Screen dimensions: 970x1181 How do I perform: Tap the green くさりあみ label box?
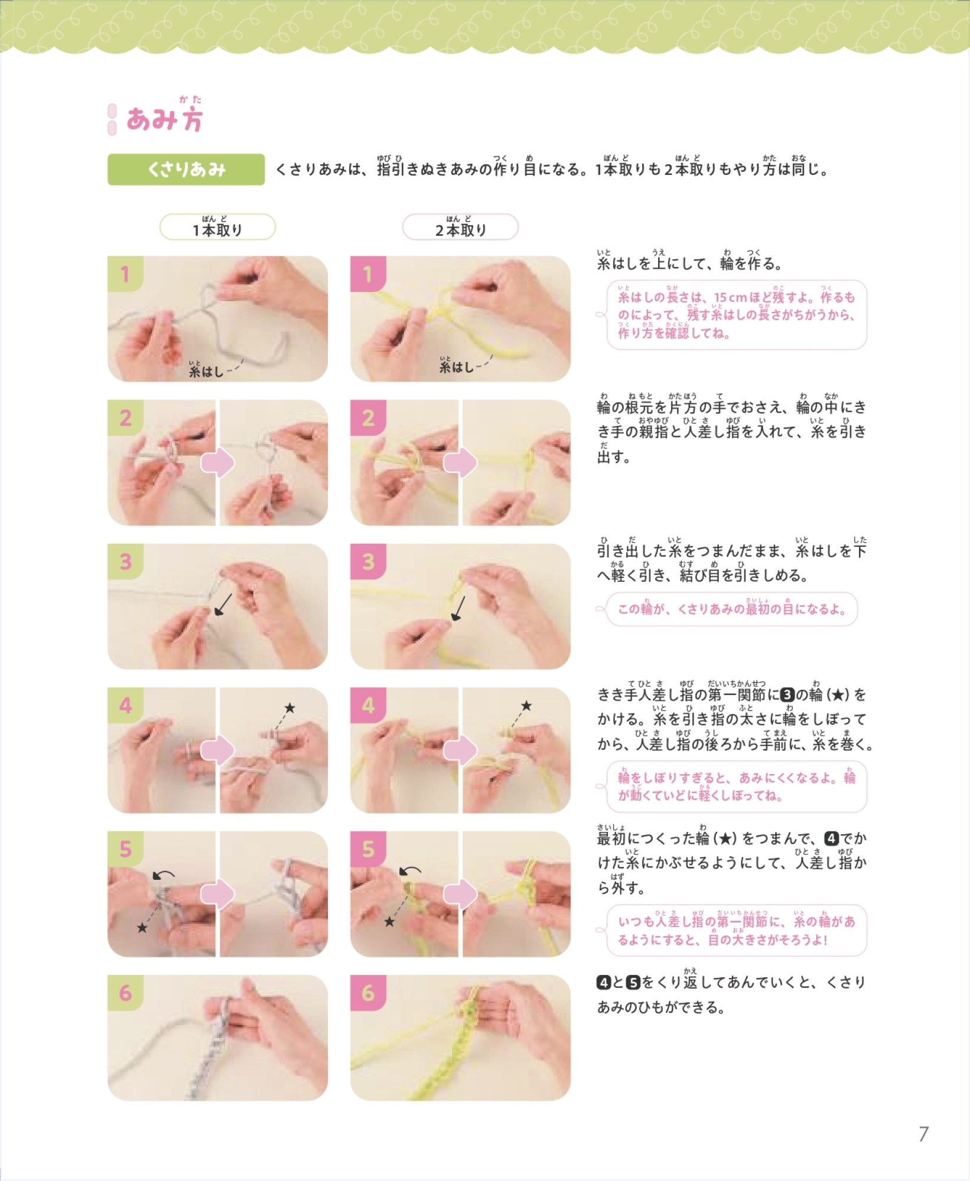point(186,169)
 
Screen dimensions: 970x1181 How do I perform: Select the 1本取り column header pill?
point(217,227)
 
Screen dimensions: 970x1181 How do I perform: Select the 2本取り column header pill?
point(460,227)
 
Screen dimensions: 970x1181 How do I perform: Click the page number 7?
point(924,1134)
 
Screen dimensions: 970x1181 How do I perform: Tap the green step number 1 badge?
point(125,274)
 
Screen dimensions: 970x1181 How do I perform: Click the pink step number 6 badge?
point(368,993)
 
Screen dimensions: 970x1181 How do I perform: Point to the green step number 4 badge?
point(125,705)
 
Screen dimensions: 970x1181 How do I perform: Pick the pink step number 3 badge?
point(368,562)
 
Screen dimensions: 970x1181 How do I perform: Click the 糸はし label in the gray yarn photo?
point(206,370)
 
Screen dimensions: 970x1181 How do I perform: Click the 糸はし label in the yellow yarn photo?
point(457,366)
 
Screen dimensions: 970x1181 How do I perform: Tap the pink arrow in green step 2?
point(217,463)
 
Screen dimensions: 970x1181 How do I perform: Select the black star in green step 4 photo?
point(289,707)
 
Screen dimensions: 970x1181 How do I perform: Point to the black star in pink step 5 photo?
point(389,922)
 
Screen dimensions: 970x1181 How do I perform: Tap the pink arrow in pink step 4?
point(460,750)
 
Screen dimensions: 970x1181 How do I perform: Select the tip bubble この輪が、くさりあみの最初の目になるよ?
point(731,609)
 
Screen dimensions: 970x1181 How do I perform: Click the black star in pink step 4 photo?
point(526,706)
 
